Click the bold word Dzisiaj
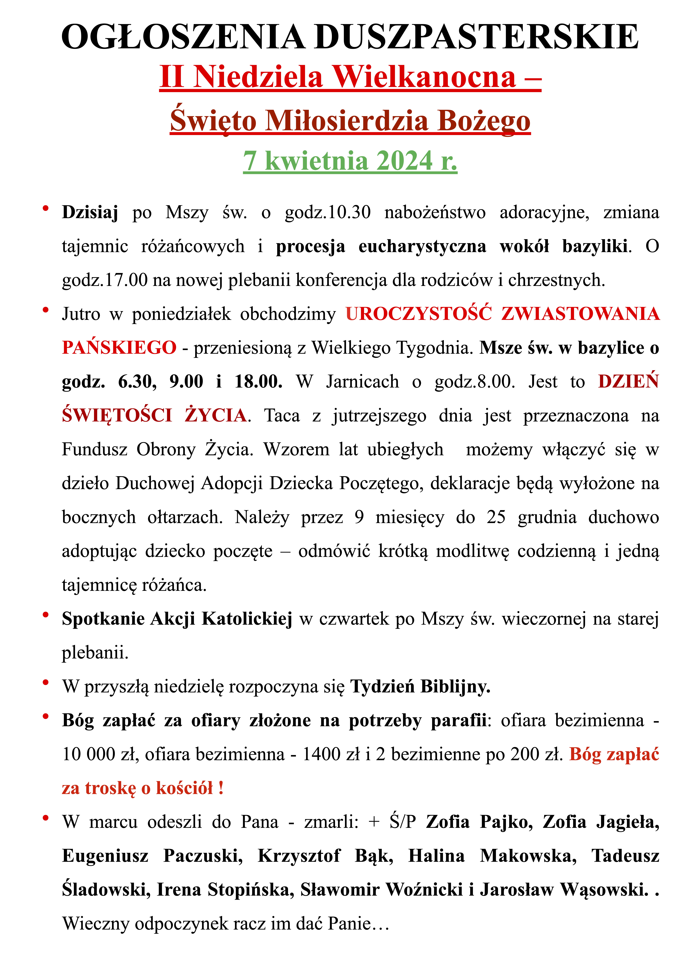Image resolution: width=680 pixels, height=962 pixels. coord(90,212)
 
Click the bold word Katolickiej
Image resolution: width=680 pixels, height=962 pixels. coord(247,619)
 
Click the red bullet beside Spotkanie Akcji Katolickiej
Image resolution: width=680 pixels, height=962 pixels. coord(46,615)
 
